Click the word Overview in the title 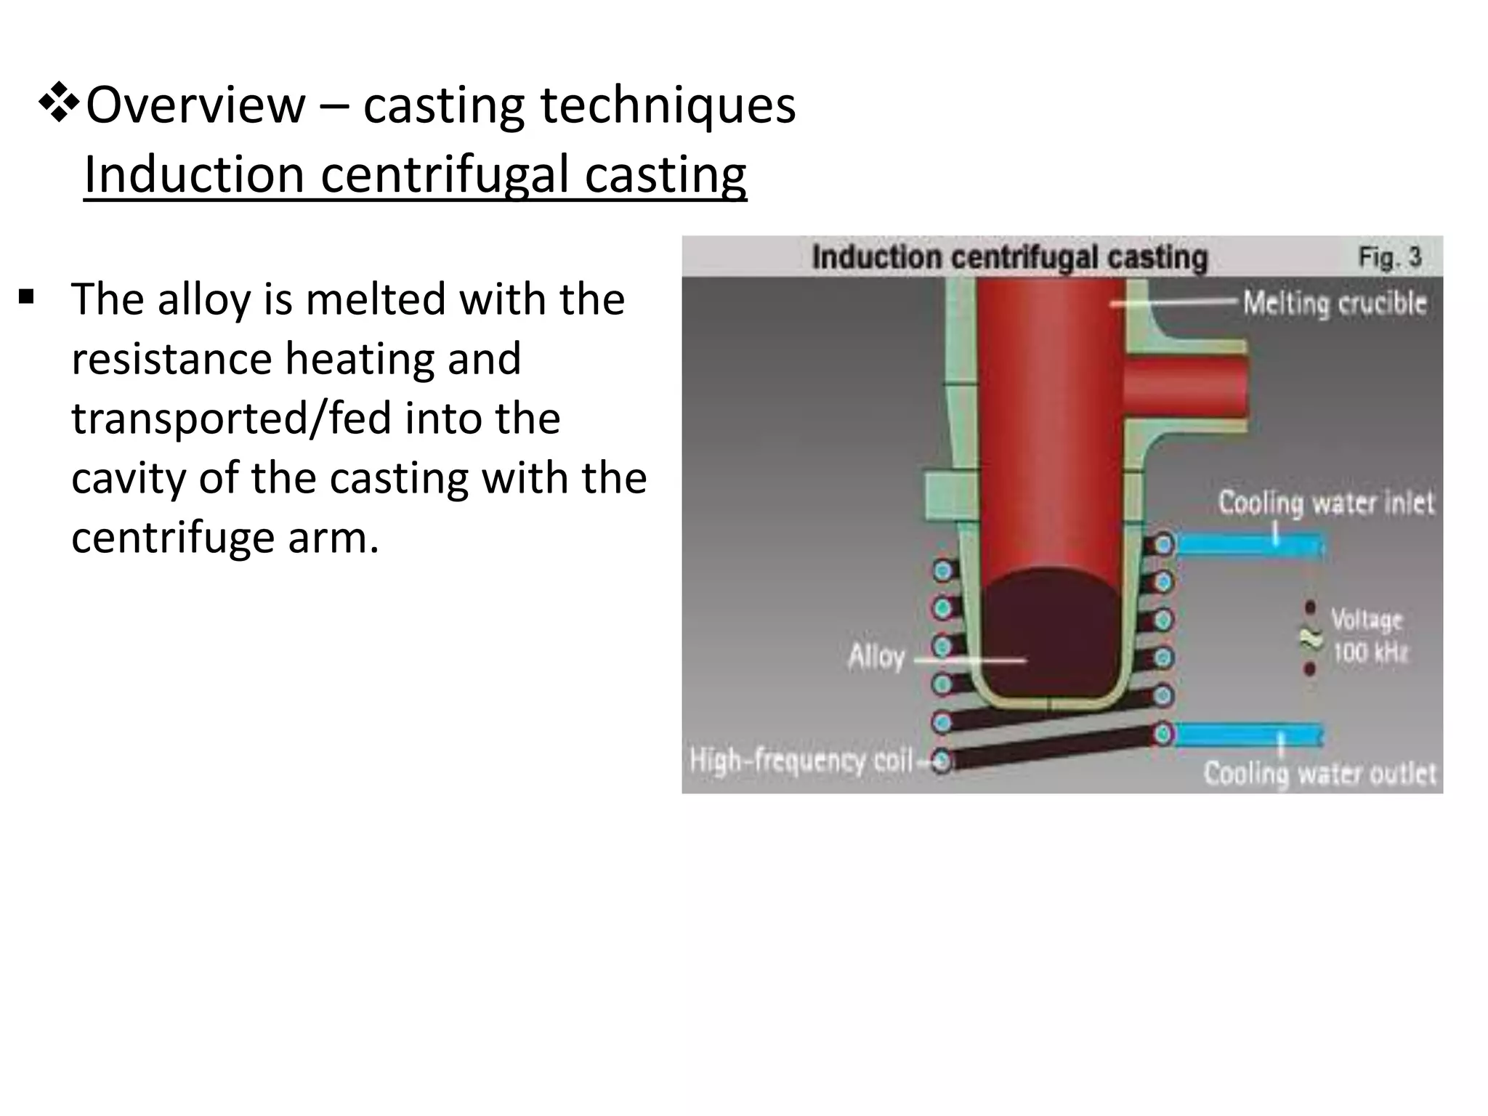coord(195,105)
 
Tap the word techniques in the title coord(668,105)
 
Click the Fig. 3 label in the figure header coord(1389,257)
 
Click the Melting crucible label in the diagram coord(1334,303)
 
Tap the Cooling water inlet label coord(1326,503)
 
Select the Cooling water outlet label coord(1319,774)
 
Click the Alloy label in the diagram coord(876,657)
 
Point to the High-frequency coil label coord(801,761)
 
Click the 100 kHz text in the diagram coord(1370,652)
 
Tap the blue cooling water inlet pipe coord(1248,544)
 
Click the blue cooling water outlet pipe coord(1247,735)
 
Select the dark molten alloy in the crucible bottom coord(1049,632)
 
